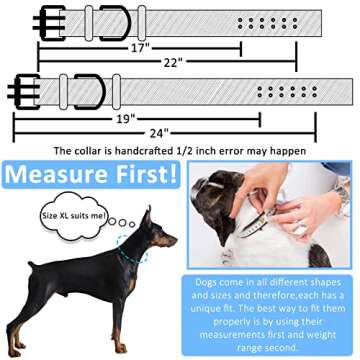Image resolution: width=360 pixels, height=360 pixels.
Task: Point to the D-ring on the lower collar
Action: click(x=91, y=92)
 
